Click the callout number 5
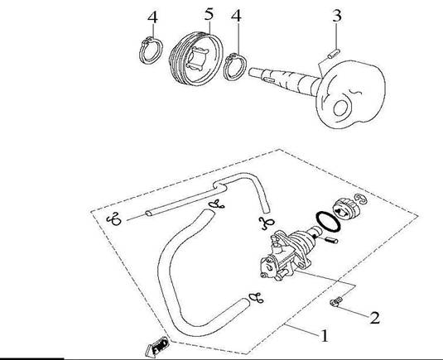pos(209,13)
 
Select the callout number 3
pos(337,16)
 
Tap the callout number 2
pos(374,318)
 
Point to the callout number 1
pos(325,336)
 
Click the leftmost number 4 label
pos(152,17)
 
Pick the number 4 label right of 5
pos(237,16)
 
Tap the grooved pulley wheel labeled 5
pos(196,59)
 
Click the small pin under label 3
pos(334,54)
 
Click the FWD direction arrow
pos(157,347)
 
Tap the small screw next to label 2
pos(336,302)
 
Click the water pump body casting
pos(286,256)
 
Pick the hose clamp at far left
pos(114,219)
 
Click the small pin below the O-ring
pos(330,240)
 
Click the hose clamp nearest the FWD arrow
pos(256,298)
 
